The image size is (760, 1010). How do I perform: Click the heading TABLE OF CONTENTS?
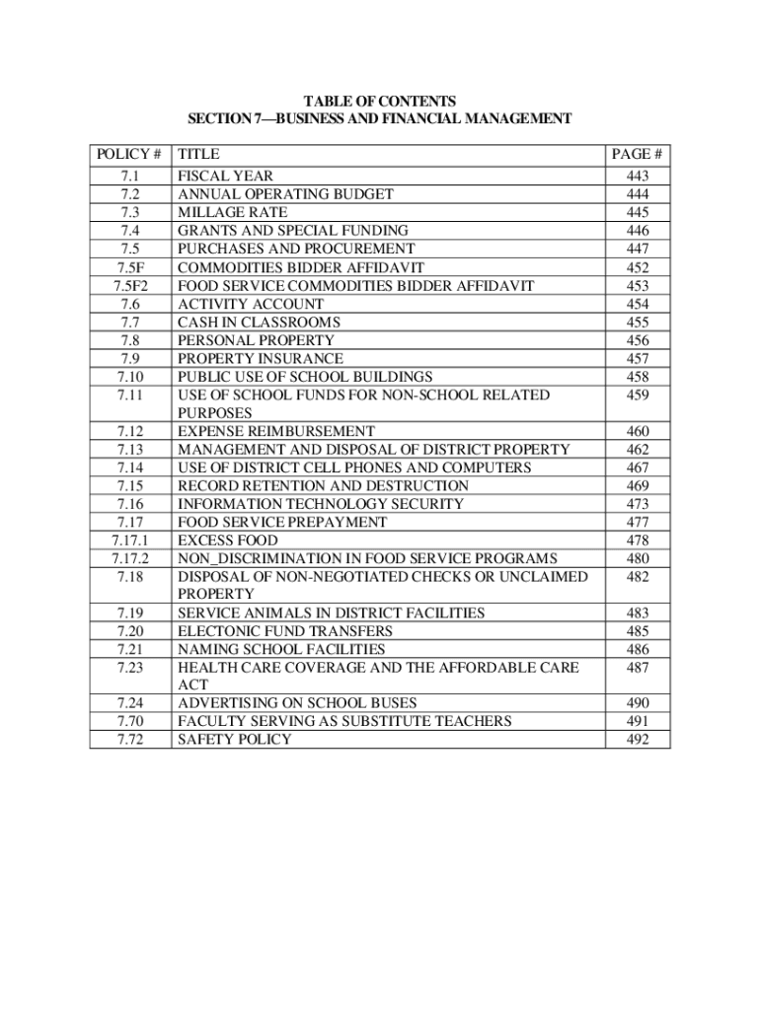coord(379,101)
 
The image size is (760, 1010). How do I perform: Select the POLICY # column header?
coord(129,154)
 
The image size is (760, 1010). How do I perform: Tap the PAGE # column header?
coord(637,154)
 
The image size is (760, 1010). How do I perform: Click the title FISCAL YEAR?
coord(225,177)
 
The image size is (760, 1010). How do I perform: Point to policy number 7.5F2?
coord(129,286)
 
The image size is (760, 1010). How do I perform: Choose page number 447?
coord(637,250)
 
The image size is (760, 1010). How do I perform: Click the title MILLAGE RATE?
coord(232,213)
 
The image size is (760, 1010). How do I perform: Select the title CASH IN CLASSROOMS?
coord(259,323)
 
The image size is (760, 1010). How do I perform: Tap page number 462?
coord(637,450)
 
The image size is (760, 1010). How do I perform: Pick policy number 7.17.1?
coord(129,541)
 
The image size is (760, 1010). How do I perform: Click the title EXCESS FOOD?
coord(227,541)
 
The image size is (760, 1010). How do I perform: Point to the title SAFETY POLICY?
coord(234,740)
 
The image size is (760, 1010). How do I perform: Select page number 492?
coord(637,740)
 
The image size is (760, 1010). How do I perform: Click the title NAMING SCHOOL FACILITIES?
coord(281,650)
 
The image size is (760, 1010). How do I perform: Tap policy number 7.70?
coord(129,722)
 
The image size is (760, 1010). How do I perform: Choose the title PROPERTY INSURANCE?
coord(261,359)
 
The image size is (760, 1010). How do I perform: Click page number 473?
coord(637,504)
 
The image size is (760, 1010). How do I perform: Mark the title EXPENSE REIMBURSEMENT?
coord(275,432)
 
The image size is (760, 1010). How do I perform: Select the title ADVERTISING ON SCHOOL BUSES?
coord(297,703)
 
